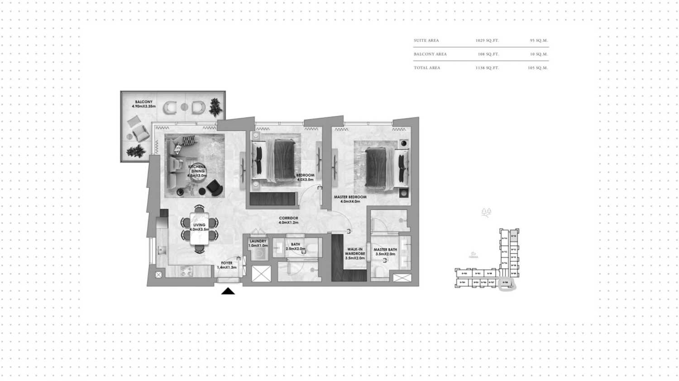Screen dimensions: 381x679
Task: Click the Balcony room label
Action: pyautogui.click(x=143, y=104)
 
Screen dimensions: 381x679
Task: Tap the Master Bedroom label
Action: pyautogui.click(x=350, y=199)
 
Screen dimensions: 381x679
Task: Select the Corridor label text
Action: pyautogui.click(x=288, y=220)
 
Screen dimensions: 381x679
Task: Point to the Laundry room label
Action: pyautogui.click(x=258, y=243)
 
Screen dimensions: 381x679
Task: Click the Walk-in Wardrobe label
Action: pyautogui.click(x=355, y=253)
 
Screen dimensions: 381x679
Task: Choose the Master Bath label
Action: pyautogui.click(x=385, y=252)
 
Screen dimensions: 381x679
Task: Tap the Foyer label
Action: pyautogui.click(x=227, y=265)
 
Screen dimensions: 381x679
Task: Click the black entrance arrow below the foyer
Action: pyautogui.click(x=228, y=291)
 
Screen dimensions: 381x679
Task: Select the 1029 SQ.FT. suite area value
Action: pyautogui.click(x=487, y=41)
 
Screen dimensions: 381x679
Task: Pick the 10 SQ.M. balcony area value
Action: pyautogui.click(x=539, y=54)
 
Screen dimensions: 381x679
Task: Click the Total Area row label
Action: pyautogui.click(x=427, y=68)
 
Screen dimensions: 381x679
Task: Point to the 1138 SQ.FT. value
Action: pyautogui.click(x=487, y=68)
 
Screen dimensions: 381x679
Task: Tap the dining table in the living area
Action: pyautogui.click(x=200, y=229)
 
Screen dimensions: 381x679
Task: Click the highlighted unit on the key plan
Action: pyautogui.click(x=506, y=283)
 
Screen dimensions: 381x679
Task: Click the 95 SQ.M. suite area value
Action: pyautogui.click(x=539, y=41)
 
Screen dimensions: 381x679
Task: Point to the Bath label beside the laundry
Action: pyautogui.click(x=296, y=247)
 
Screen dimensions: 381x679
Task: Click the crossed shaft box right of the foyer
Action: pyautogui.click(x=261, y=274)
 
